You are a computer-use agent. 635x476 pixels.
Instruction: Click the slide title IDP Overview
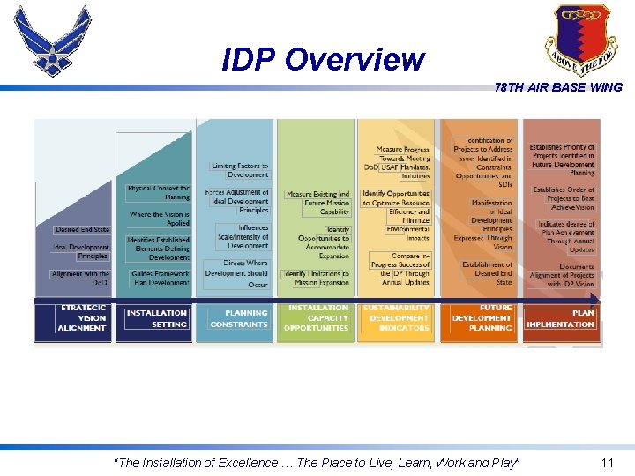pos(323,60)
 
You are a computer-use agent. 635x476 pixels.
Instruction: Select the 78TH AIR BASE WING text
pos(558,87)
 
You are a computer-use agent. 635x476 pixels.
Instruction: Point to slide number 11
pos(606,463)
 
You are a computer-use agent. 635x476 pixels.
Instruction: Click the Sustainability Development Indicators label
pos(398,318)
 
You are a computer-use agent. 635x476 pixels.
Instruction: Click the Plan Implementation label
pos(560,318)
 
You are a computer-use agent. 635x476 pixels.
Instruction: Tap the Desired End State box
pos(82,229)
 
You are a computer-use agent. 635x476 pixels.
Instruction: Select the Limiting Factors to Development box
pos(239,170)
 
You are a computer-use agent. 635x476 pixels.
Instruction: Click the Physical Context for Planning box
pos(158,192)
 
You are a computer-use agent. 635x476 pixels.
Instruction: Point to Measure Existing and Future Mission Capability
pos(317,203)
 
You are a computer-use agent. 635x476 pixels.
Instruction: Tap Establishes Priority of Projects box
pos(562,160)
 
